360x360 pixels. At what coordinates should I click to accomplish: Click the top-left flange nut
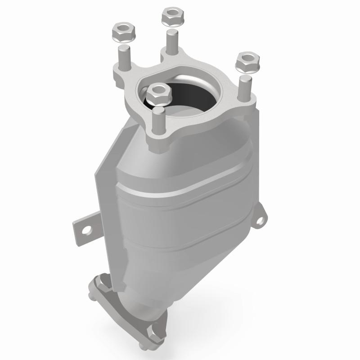tap(120, 31)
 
